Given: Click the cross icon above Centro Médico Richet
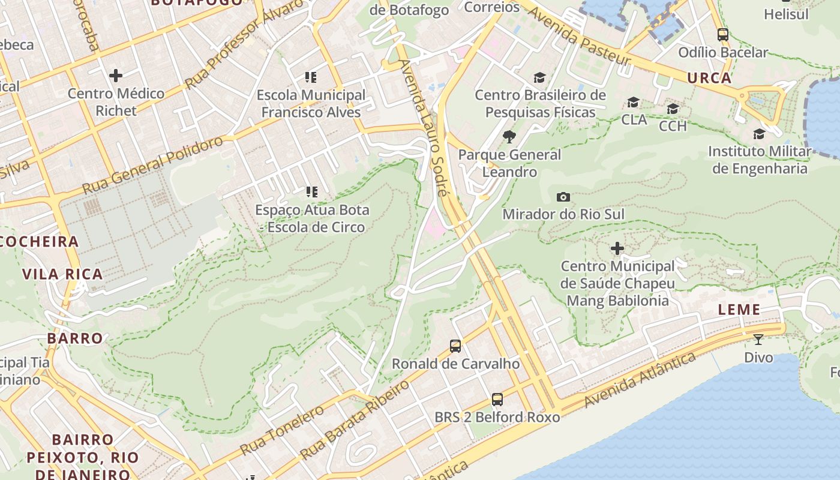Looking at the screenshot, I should pos(116,75).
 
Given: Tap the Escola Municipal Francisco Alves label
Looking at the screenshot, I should pos(311,103).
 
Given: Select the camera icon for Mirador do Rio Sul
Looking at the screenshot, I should pos(563,197).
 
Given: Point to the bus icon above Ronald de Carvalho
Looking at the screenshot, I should pos(455,346).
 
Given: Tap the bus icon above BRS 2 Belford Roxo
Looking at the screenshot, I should pos(497,399).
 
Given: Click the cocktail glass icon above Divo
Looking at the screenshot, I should pos(758,340).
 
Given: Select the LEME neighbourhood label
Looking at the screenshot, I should pos(740,310).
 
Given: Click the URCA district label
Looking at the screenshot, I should pos(709,78).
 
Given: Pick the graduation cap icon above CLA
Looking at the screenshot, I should pos(633,103).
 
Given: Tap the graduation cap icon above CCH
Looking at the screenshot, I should pos(673,109).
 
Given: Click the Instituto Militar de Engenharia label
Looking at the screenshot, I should pos(760,160).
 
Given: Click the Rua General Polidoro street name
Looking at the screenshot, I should pos(152,164).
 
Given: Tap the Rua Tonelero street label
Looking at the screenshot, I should pos(282,430).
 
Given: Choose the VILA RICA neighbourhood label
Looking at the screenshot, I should pos(62,274).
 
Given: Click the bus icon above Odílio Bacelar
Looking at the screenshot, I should pos(722,35).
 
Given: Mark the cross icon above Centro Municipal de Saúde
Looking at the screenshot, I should pos(617,248).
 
